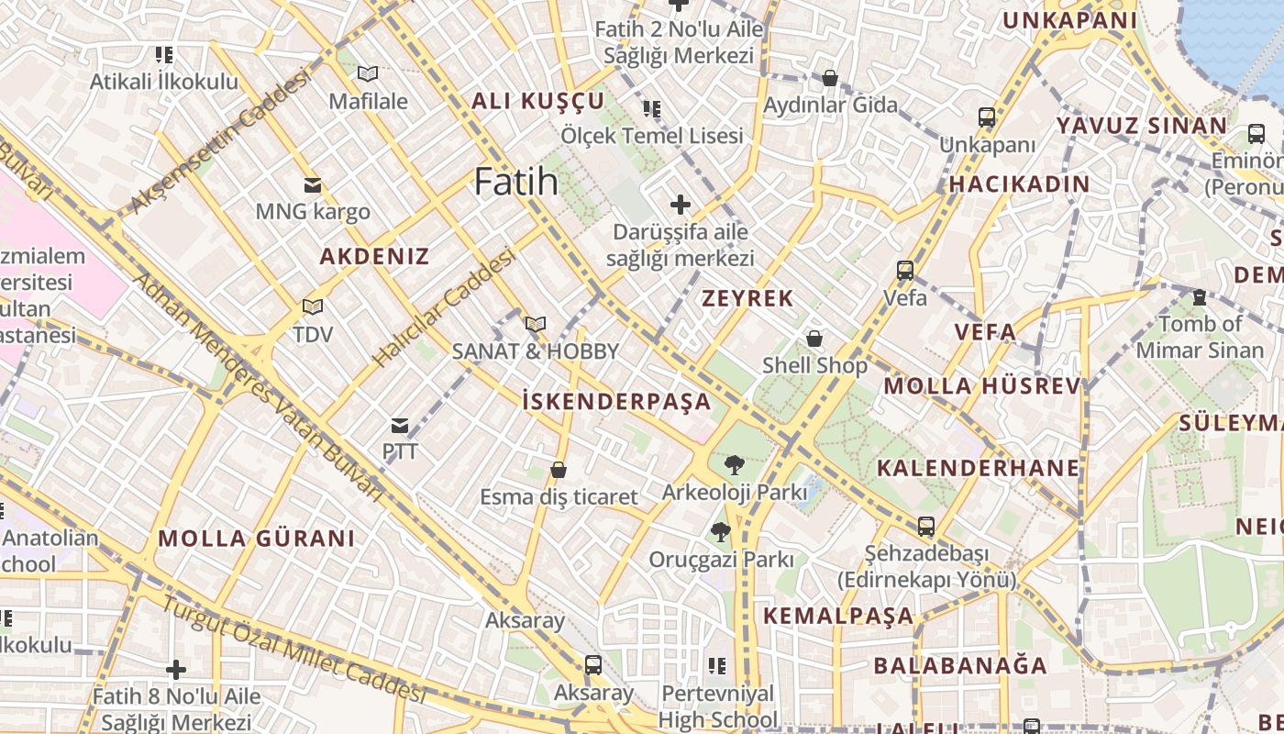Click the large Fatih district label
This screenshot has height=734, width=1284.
tap(516, 182)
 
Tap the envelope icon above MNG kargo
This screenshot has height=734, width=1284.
tap(313, 185)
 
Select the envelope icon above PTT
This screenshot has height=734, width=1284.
tap(400, 426)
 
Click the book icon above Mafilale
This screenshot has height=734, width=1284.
tap(368, 74)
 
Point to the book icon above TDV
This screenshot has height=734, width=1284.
tap(313, 306)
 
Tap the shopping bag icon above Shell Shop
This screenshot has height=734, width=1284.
tap(814, 339)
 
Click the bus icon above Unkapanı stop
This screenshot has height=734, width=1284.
tap(987, 117)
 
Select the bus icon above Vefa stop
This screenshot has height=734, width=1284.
tap(905, 271)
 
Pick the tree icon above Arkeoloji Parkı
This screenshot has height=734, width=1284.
tap(734, 465)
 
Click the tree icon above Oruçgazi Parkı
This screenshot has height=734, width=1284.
tap(721, 531)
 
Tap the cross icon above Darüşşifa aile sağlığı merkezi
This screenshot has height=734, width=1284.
tap(680, 204)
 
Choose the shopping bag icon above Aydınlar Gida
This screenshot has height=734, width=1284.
tap(830, 78)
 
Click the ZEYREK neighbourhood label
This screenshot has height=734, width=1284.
tap(747, 298)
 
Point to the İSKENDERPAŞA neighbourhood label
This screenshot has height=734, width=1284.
tap(616, 401)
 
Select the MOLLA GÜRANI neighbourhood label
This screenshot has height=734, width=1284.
tap(256, 539)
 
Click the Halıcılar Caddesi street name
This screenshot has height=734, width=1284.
tap(445, 309)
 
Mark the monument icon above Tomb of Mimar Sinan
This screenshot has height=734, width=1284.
tap(1199, 297)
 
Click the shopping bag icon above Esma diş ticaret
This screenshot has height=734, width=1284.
tap(559, 471)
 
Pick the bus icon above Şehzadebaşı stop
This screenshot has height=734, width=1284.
tap(926, 527)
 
